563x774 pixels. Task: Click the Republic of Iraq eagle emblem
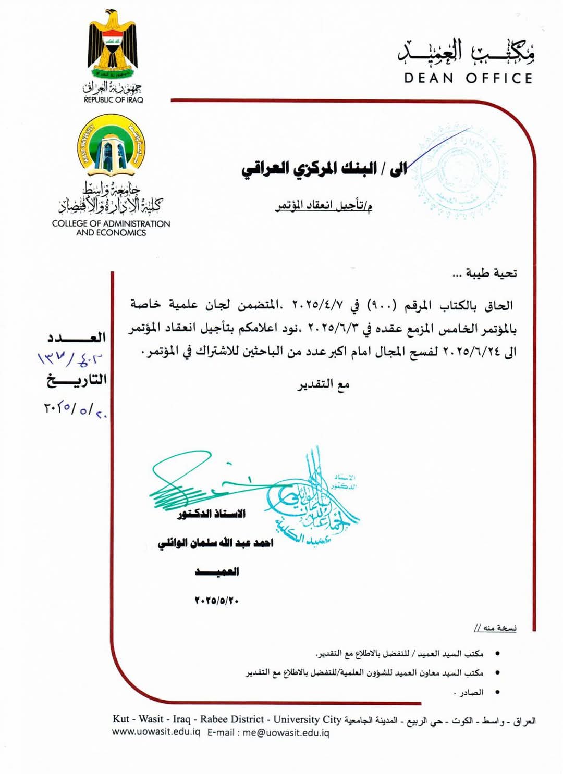pyautogui.click(x=113, y=44)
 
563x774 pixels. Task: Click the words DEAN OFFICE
pyautogui.click(x=468, y=79)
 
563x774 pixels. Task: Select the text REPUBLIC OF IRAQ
pyautogui.click(x=113, y=100)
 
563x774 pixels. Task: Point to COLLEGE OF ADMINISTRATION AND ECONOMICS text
pyautogui.click(x=111, y=228)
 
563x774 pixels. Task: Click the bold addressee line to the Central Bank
pyautogui.click(x=324, y=169)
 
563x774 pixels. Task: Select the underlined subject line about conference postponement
pyautogui.click(x=324, y=206)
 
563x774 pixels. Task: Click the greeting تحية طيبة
pyautogui.click(x=484, y=273)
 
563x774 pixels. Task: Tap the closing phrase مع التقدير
pyautogui.click(x=323, y=384)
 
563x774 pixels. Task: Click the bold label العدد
pyautogui.click(x=77, y=338)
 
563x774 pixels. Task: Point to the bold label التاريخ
pyautogui.click(x=77, y=380)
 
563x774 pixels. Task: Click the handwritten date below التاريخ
pyautogui.click(x=75, y=409)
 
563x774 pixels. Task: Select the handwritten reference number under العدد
pyautogui.click(x=70, y=358)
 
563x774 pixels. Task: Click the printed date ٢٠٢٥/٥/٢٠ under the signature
pyautogui.click(x=216, y=601)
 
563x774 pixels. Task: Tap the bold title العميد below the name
pyautogui.click(x=217, y=572)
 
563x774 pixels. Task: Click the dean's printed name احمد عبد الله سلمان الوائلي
pyautogui.click(x=215, y=543)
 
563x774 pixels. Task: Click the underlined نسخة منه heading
pyautogui.click(x=495, y=628)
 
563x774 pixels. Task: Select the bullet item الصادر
pyautogui.click(x=469, y=692)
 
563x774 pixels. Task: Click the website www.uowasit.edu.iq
pyautogui.click(x=156, y=733)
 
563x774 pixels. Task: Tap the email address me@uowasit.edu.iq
pyautogui.click(x=286, y=733)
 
